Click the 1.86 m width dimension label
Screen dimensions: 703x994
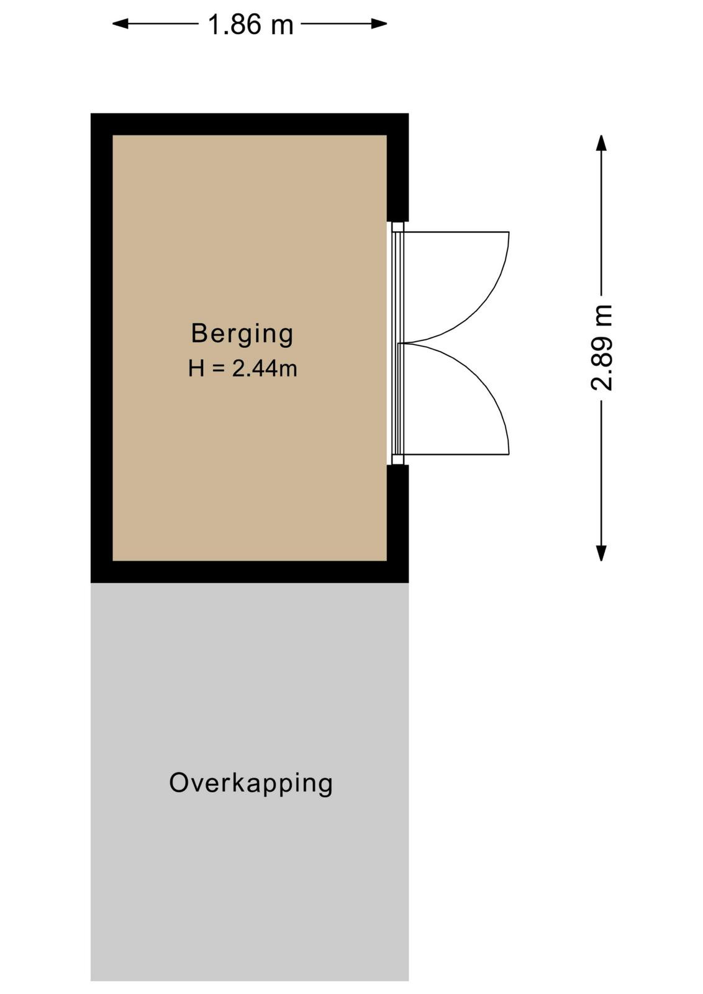pos(251,24)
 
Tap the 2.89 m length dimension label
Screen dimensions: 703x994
pos(601,347)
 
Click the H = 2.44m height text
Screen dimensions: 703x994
pos(243,368)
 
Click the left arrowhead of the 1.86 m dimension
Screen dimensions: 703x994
pos(120,24)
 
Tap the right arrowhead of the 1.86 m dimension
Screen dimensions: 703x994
pos(379,24)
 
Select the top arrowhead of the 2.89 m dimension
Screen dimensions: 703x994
pos(601,143)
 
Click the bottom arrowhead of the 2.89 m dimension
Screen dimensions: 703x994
pos(601,553)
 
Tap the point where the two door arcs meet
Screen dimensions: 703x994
pos(401,344)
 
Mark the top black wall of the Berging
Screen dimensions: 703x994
pos(250,124)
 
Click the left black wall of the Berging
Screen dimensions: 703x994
pos(102,348)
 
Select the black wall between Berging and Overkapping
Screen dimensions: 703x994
pos(250,572)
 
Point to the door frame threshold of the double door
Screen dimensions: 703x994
pos(398,344)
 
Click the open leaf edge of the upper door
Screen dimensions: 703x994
pos(456,232)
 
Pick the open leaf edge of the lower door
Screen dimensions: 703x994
pos(456,455)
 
